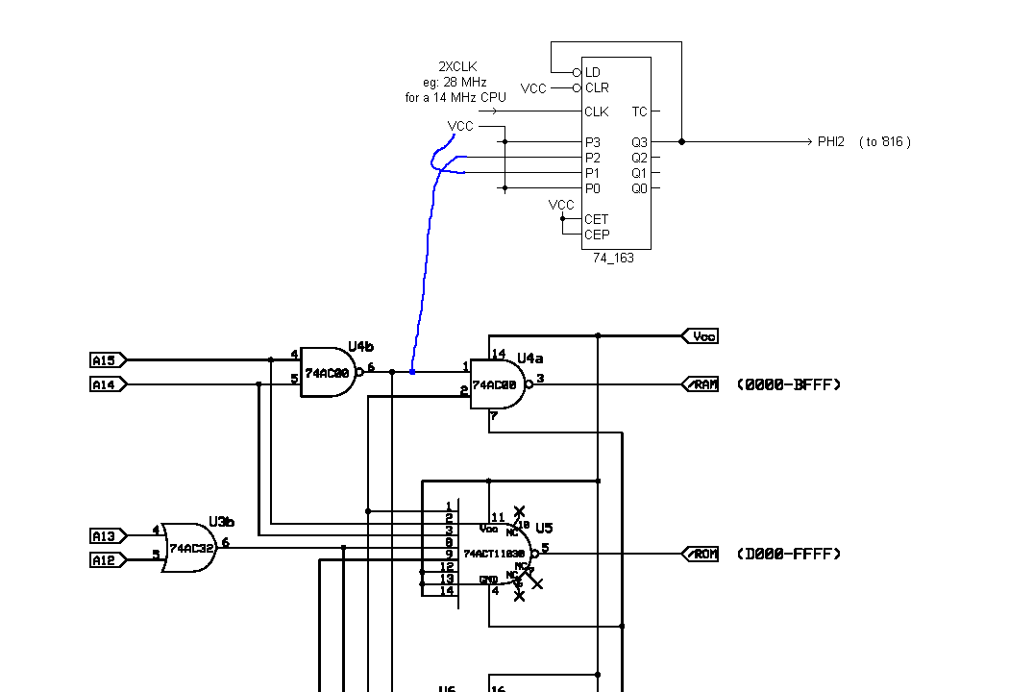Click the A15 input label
click(x=104, y=360)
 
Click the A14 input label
click(x=104, y=384)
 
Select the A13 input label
click(x=104, y=535)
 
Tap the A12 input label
click(x=104, y=559)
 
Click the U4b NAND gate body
click(x=328, y=373)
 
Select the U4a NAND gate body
click(x=496, y=384)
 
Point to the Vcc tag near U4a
click(x=703, y=336)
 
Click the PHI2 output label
click(x=831, y=142)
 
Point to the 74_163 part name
click(x=613, y=259)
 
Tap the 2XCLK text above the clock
click(x=456, y=67)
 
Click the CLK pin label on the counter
click(x=597, y=112)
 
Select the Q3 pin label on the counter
click(x=639, y=142)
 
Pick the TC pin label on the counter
click(x=639, y=112)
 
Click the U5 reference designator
click(x=545, y=529)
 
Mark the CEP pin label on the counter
click(x=597, y=235)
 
